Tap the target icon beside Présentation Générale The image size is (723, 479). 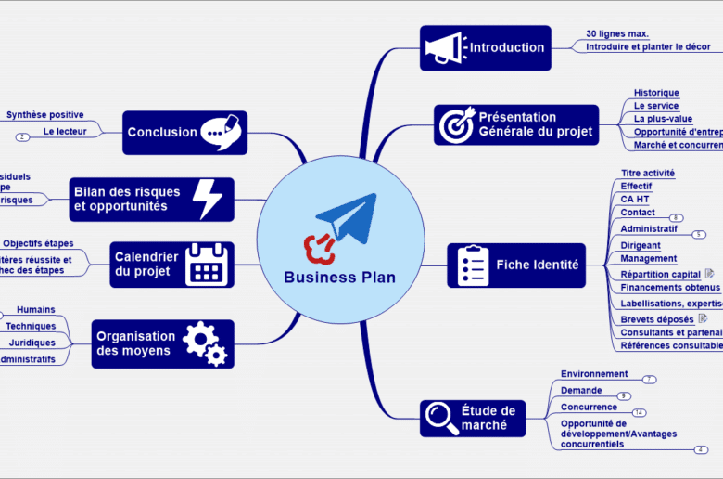point(455,125)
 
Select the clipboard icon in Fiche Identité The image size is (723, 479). point(473,265)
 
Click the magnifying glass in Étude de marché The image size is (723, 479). point(438,419)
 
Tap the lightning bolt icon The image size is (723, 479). point(207,199)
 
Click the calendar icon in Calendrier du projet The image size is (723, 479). point(207,264)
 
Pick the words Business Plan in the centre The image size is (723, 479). point(339,277)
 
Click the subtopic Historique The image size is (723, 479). point(656,93)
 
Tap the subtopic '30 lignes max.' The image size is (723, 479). point(617,33)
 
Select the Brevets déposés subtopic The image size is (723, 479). point(657,319)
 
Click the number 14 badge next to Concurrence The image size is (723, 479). point(640,412)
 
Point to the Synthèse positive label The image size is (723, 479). point(44,115)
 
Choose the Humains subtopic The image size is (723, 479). point(35,309)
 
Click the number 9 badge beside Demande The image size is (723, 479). point(624,396)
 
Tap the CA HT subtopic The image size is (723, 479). point(635,199)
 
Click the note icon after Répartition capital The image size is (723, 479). point(709,274)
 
